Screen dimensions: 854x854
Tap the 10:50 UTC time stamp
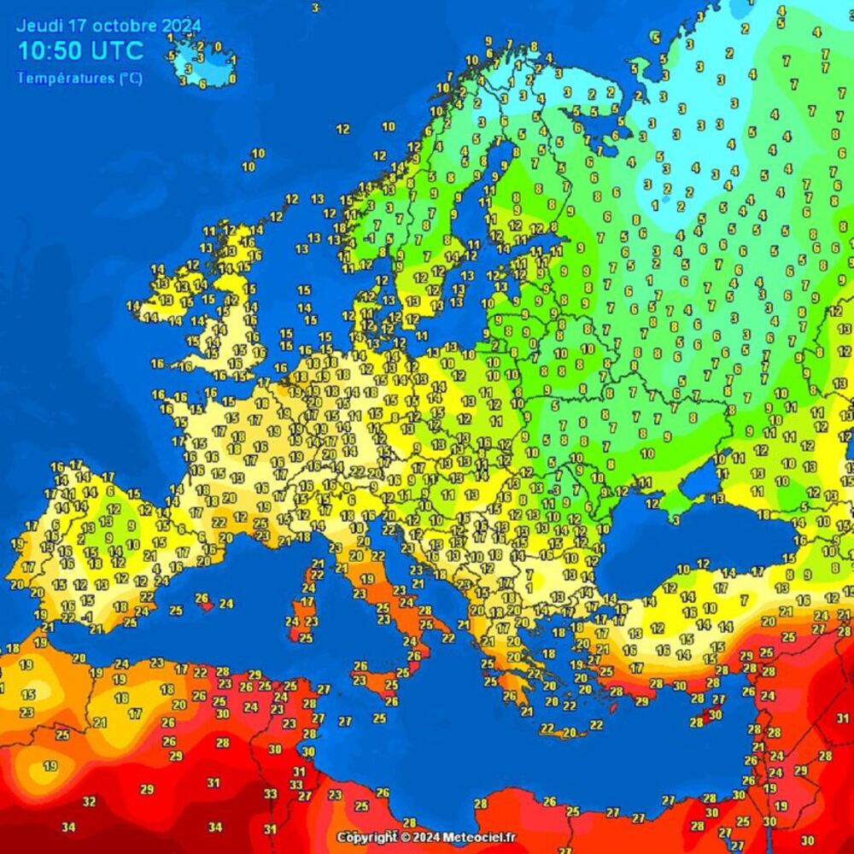(81, 50)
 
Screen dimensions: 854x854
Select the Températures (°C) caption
(79, 79)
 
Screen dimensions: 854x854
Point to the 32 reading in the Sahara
(90, 801)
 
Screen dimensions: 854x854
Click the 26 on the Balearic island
(202, 598)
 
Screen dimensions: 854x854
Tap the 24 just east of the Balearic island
(226, 603)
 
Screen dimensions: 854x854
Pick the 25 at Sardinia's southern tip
(305, 638)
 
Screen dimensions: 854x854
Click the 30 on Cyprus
(715, 715)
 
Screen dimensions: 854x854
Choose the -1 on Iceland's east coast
(231, 61)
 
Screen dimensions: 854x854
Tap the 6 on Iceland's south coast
(202, 84)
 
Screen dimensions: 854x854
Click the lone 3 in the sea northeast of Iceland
(315, 8)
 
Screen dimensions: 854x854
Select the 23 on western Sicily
(360, 681)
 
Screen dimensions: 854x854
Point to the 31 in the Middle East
(844, 717)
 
